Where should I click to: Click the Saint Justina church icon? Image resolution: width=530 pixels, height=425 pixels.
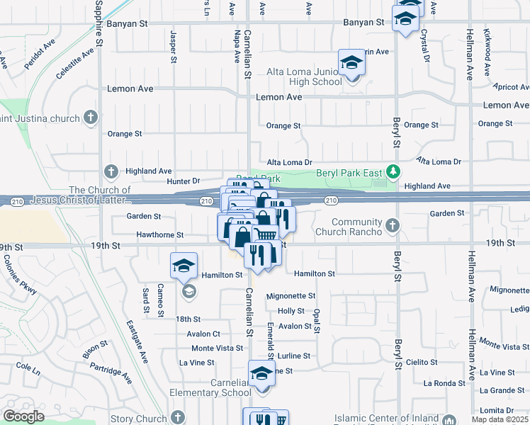[x=90, y=116]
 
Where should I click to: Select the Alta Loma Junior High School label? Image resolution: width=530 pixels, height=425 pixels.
[x=304, y=76]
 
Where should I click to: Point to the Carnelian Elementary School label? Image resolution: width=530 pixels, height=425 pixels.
[x=209, y=387]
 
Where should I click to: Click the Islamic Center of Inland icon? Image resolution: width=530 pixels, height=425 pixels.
[x=449, y=420]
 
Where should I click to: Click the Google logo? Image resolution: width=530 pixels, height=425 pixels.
[x=23, y=416]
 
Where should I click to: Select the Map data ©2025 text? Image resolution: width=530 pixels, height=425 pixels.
[x=500, y=420]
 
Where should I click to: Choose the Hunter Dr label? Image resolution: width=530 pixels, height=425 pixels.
[x=184, y=181]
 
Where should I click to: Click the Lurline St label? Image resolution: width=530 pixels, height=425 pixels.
[x=294, y=356]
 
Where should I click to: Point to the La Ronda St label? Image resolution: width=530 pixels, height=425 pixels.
[x=444, y=383]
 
